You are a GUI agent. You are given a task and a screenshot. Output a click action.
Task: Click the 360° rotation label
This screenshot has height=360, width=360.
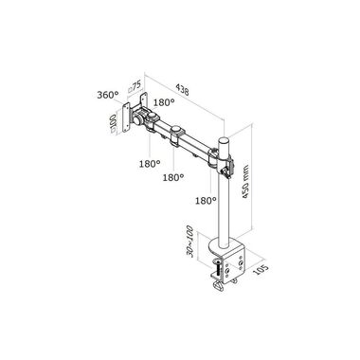107,95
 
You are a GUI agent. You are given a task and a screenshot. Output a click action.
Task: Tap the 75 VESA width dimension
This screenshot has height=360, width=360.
135,87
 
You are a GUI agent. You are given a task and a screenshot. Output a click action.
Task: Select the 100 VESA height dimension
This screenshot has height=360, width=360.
112,124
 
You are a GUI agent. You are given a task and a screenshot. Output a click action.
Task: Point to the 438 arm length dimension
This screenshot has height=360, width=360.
183,89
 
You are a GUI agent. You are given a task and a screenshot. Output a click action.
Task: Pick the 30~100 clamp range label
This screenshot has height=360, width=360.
190,242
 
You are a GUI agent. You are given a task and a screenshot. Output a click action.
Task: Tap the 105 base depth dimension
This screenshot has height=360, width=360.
261,269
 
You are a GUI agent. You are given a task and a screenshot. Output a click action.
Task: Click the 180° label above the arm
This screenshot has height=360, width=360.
164,102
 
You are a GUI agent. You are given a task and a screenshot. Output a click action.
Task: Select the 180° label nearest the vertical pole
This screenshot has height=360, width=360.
206,201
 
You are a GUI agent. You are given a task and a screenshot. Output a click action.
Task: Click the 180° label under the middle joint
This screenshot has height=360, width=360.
173,178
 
